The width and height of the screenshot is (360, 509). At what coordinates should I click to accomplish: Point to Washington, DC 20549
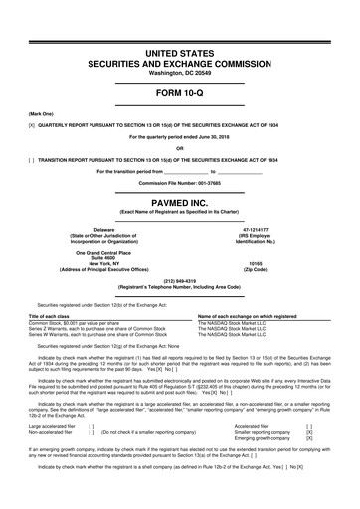[x=180, y=74]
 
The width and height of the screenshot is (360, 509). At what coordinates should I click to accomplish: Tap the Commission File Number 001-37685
[x=180, y=185]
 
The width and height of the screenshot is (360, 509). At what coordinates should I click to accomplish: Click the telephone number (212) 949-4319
[x=180, y=280]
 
